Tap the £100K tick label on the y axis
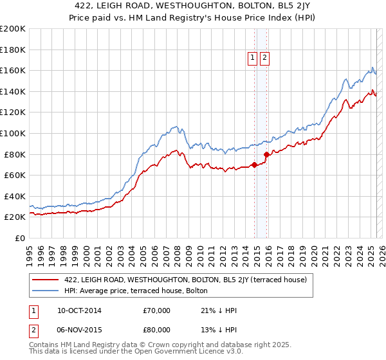[12, 133]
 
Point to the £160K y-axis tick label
[12, 70]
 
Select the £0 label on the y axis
[19, 238]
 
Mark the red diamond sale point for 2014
[254, 165]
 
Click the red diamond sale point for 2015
[266, 154]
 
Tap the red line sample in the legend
[46, 280]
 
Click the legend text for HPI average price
[136, 291]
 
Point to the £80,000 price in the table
[157, 331]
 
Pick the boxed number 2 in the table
[32, 331]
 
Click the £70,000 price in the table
[157, 310]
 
